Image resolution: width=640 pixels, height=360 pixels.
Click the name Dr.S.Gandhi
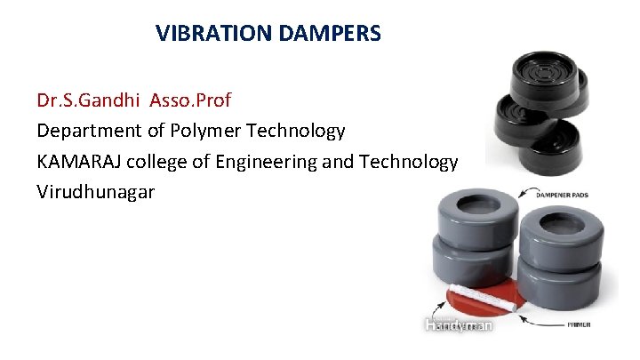[x=85, y=98]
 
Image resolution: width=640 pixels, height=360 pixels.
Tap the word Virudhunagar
[x=96, y=192]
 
